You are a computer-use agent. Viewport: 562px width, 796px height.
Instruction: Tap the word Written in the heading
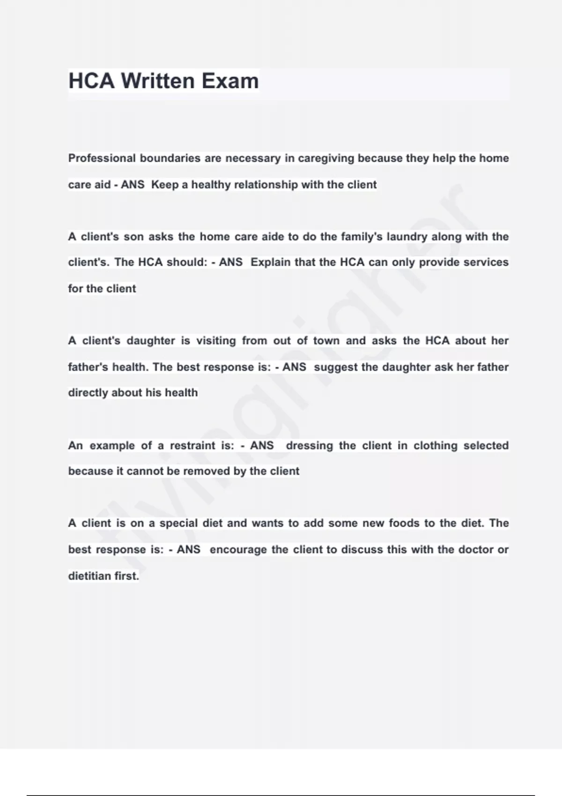(x=158, y=81)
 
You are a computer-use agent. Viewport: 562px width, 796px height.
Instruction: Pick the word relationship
(x=266, y=184)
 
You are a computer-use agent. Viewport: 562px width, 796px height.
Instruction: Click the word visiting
(x=216, y=340)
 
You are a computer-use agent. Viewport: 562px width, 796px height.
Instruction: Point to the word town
(x=326, y=340)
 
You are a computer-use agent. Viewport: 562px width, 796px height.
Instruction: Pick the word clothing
(x=435, y=445)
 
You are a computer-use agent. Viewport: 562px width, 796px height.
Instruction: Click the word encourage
(x=238, y=550)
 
